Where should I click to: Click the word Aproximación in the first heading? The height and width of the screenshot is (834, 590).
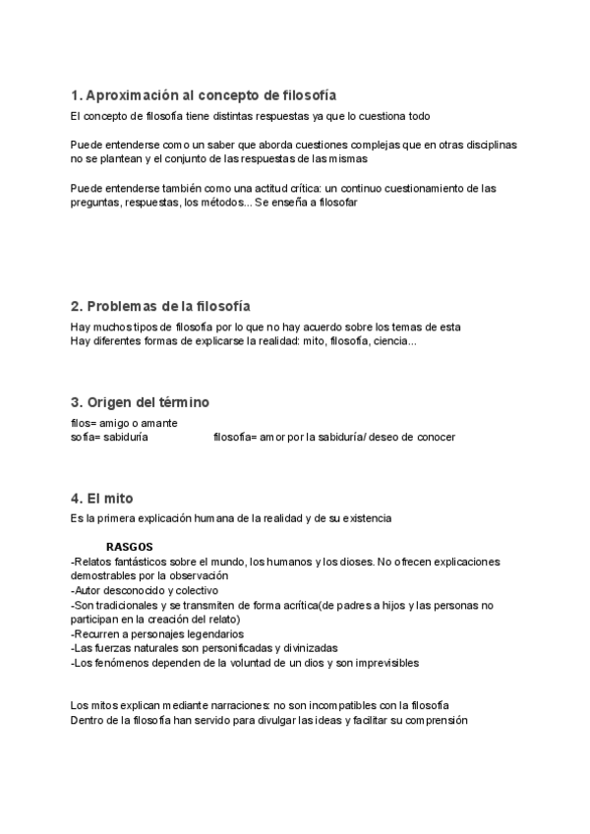coord(131,95)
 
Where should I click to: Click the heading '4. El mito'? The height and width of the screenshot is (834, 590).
coord(102,498)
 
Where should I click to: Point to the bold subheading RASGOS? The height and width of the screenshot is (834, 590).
coord(129,547)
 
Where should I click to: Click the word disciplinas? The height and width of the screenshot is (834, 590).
coord(491,145)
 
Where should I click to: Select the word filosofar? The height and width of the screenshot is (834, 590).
coord(332,202)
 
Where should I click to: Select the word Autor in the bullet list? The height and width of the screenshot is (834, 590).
coord(88,590)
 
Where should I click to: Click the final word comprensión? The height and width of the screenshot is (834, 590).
coord(434,720)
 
